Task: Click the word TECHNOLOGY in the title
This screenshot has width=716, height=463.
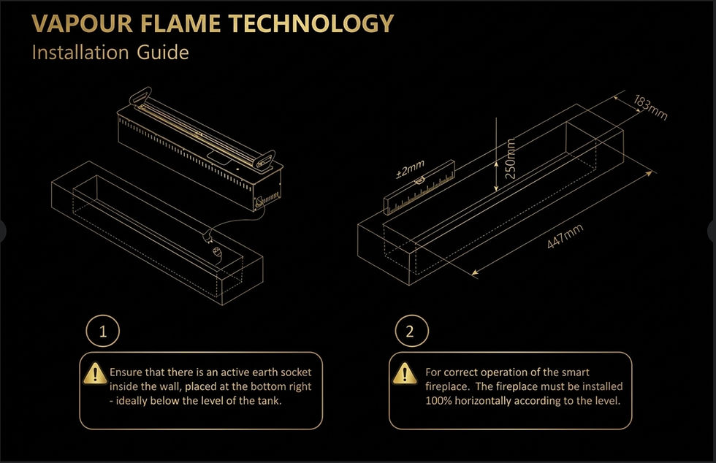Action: point(311,24)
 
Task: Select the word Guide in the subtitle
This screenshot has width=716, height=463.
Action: point(162,52)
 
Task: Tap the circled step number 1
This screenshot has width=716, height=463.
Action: point(103,331)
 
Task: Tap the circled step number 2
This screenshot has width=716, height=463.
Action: point(412,331)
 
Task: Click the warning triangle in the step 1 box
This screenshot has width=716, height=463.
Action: point(95,373)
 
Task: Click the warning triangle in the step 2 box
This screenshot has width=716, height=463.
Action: point(404,373)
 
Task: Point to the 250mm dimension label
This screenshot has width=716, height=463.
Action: point(511,158)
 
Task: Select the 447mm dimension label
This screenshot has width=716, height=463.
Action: point(565,237)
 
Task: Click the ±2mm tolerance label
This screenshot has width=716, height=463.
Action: point(410,169)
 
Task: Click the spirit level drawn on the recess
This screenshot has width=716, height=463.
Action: point(419,187)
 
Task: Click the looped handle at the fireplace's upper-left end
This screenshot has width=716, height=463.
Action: point(140,95)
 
